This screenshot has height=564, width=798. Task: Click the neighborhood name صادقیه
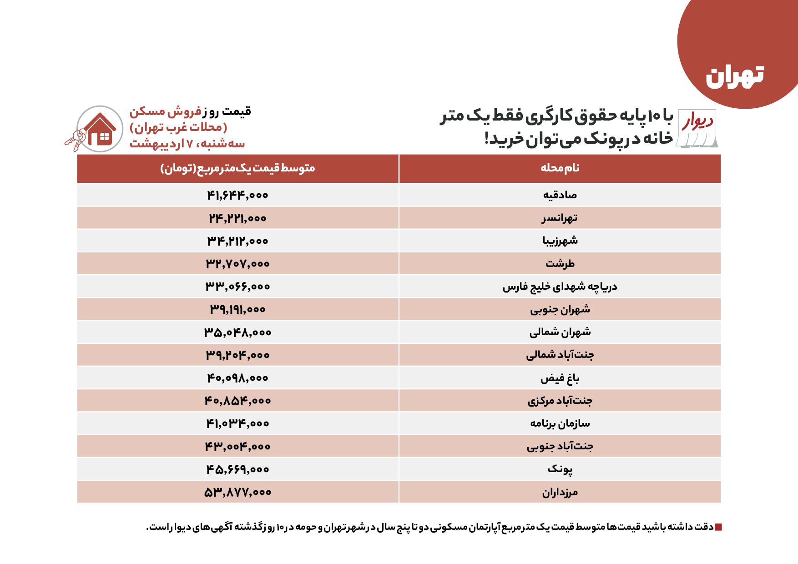click(560, 195)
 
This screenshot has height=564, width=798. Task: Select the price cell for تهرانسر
click(237, 218)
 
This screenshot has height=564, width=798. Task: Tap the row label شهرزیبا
click(560, 241)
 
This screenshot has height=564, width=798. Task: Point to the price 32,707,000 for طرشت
click(237, 264)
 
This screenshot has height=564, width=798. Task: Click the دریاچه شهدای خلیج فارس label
click(560, 287)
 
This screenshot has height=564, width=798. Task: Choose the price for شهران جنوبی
click(237, 309)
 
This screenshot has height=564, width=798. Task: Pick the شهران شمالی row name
click(560, 332)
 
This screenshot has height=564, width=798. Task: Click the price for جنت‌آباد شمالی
click(237, 355)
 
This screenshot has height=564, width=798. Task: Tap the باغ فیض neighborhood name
click(560, 378)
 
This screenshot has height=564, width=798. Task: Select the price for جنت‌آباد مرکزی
click(237, 401)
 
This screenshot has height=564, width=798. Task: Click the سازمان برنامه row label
click(560, 423)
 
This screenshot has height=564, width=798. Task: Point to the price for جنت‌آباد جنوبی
click(237, 447)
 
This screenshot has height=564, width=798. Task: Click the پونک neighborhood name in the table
click(560, 469)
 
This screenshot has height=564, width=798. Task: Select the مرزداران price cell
click(237, 492)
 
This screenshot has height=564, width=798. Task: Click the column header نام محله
click(560, 168)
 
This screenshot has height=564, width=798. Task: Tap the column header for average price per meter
click(237, 168)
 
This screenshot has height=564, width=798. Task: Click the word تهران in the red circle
click(734, 76)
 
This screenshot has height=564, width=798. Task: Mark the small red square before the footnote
click(718, 527)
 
